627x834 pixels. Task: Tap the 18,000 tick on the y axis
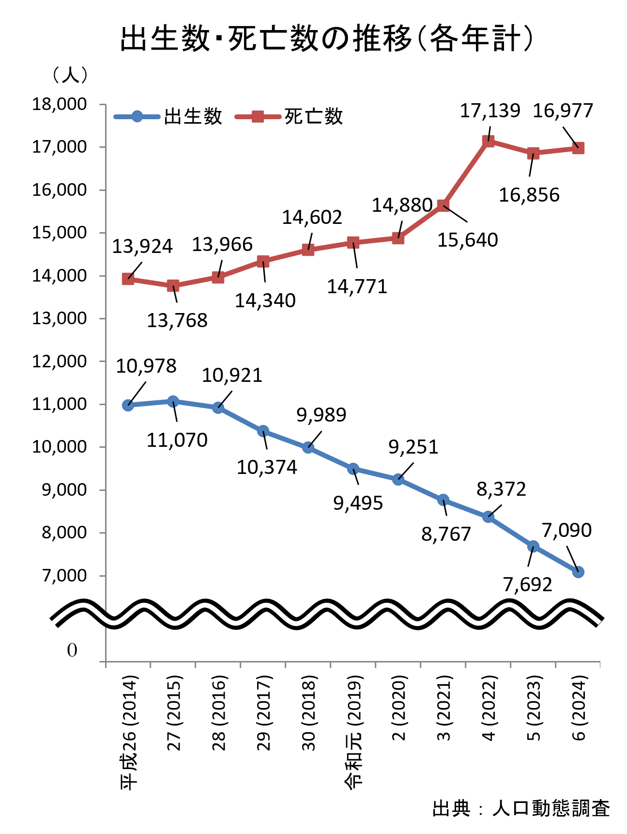tap(60, 104)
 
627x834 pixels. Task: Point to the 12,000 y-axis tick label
tap(60, 361)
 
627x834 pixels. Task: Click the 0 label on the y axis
tap(72, 650)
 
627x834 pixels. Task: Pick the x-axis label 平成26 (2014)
tap(129, 732)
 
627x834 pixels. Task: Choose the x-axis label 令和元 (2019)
tap(353, 732)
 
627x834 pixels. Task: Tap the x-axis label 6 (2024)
tap(579, 708)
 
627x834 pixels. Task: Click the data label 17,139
tap(490, 111)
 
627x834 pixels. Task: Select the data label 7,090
tap(566, 530)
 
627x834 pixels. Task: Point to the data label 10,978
tap(146, 366)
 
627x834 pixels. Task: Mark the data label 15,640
tap(468, 240)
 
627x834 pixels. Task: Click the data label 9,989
tap(321, 415)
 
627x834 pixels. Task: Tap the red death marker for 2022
tap(488, 141)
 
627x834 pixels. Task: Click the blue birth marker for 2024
tap(578, 572)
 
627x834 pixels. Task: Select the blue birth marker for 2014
tap(128, 405)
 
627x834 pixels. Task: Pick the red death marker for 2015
tap(173, 285)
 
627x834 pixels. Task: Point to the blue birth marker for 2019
tap(353, 469)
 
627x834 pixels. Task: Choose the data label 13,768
tap(177, 320)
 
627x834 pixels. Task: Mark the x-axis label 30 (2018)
tap(309, 712)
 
